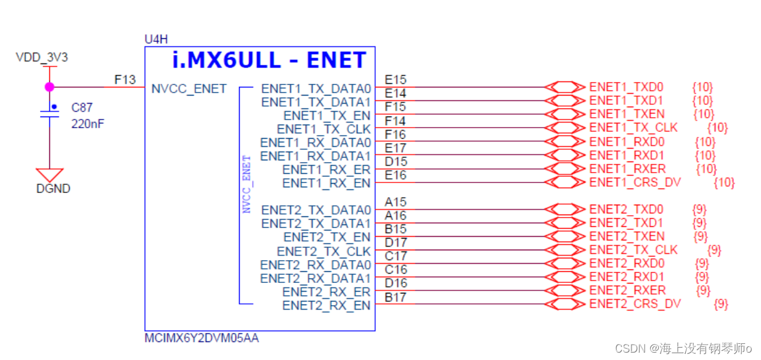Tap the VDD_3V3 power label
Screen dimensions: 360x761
pyautogui.click(x=41, y=58)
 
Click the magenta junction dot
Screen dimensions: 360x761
pyautogui.click(x=49, y=87)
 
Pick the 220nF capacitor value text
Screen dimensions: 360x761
pyautogui.click(x=87, y=123)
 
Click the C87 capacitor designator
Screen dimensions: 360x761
pyautogui.click(x=82, y=108)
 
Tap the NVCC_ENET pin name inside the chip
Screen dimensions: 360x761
pyautogui.click(x=189, y=89)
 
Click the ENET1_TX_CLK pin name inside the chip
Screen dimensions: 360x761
pyautogui.click(x=324, y=129)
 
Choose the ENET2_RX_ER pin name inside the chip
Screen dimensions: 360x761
pyautogui.click(x=327, y=292)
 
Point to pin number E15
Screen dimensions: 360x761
pyautogui.click(x=395, y=80)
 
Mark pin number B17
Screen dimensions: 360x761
pyautogui.click(x=395, y=298)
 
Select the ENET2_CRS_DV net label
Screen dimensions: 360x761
pyautogui.click(x=635, y=303)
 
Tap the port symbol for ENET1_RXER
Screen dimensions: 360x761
pyautogui.click(x=566, y=168)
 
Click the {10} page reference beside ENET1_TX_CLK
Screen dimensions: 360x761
pyautogui.click(x=717, y=128)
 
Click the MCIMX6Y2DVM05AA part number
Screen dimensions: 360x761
pyautogui.click(x=201, y=338)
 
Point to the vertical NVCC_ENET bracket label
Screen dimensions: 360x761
pyautogui.click(x=247, y=183)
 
